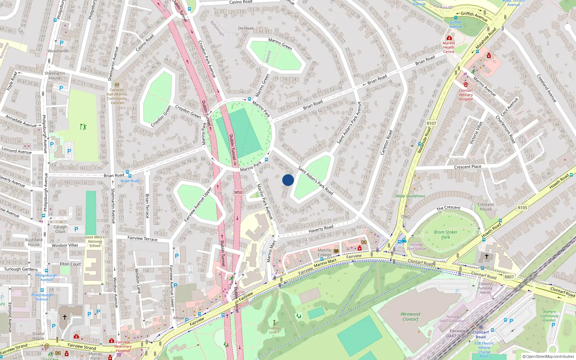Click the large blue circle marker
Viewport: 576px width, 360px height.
click(x=288, y=180)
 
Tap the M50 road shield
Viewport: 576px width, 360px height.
click(x=238, y=192)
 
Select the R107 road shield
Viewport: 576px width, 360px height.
click(x=431, y=123)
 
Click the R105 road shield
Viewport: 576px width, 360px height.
click(x=522, y=208)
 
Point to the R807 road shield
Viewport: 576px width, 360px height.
click(x=509, y=277)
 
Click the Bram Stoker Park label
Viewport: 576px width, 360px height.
click(x=446, y=235)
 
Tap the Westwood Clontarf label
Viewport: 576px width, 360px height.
click(x=410, y=316)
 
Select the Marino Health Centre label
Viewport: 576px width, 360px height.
click(x=449, y=47)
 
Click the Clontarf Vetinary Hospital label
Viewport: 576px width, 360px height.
click(x=465, y=95)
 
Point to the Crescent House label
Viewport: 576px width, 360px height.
click(x=486, y=207)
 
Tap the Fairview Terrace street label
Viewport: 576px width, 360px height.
click(x=143, y=238)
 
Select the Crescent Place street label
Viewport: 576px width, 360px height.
click(x=467, y=167)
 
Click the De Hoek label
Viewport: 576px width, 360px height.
click(x=246, y=28)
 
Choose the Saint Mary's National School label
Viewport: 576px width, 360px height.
click(x=95, y=242)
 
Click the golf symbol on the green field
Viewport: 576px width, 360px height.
click(x=84, y=126)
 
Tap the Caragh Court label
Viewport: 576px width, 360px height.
click(x=60, y=229)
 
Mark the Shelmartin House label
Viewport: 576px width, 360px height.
click(x=55, y=76)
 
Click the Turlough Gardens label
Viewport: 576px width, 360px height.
click(x=21, y=269)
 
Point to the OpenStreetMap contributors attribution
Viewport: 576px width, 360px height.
click(x=548, y=356)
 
